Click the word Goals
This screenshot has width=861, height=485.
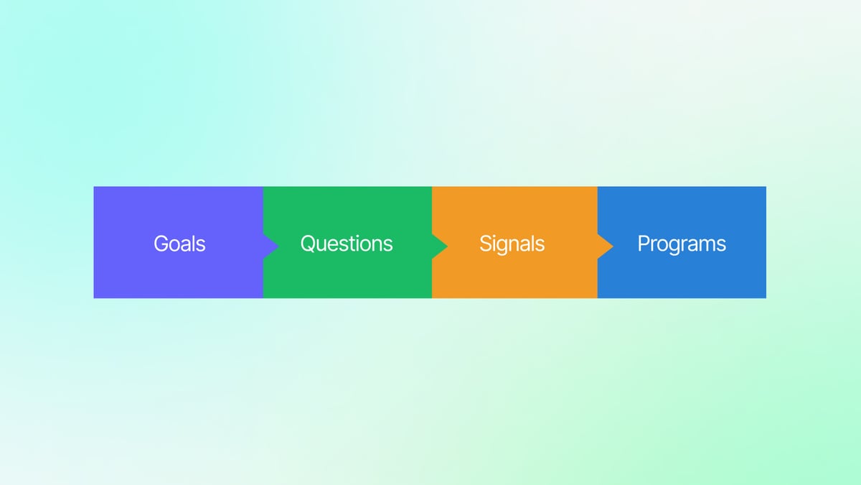tap(179, 244)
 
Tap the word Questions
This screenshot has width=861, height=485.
tap(347, 244)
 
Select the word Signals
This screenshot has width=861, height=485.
tap(512, 244)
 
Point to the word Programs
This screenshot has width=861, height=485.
tap(682, 244)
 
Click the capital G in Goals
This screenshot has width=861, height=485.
tap(161, 244)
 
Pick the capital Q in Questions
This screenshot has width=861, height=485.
tap(309, 244)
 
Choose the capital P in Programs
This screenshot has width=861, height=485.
tap(644, 244)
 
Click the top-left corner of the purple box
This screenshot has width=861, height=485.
tap(95, 188)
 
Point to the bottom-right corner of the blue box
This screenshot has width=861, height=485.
tap(765, 297)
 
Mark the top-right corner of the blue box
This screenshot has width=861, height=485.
tap(765, 188)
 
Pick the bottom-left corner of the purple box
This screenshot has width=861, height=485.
tap(95, 297)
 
